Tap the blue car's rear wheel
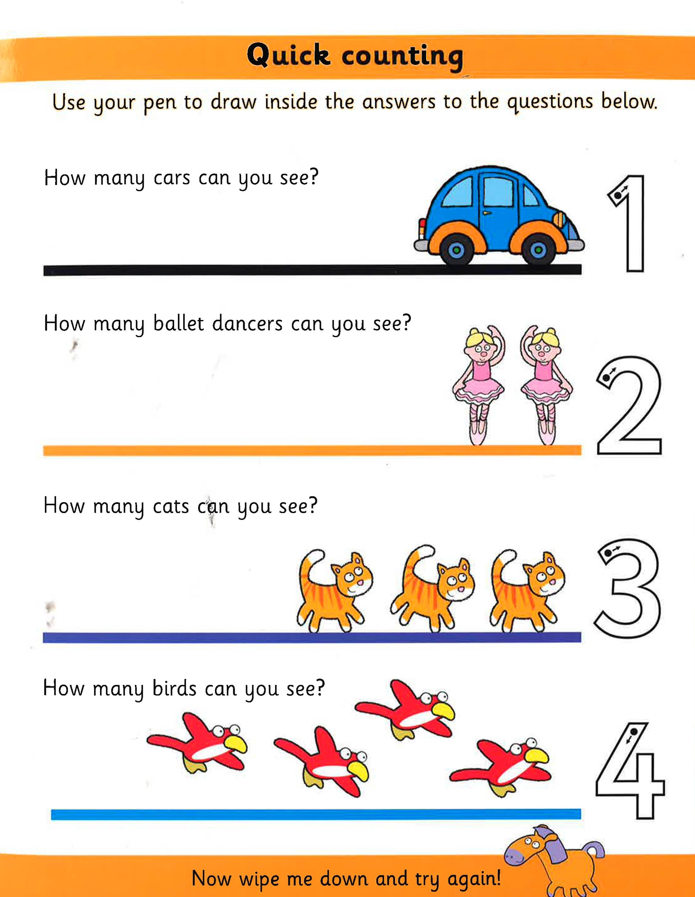456,249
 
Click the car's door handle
486,213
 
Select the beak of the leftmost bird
234,754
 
